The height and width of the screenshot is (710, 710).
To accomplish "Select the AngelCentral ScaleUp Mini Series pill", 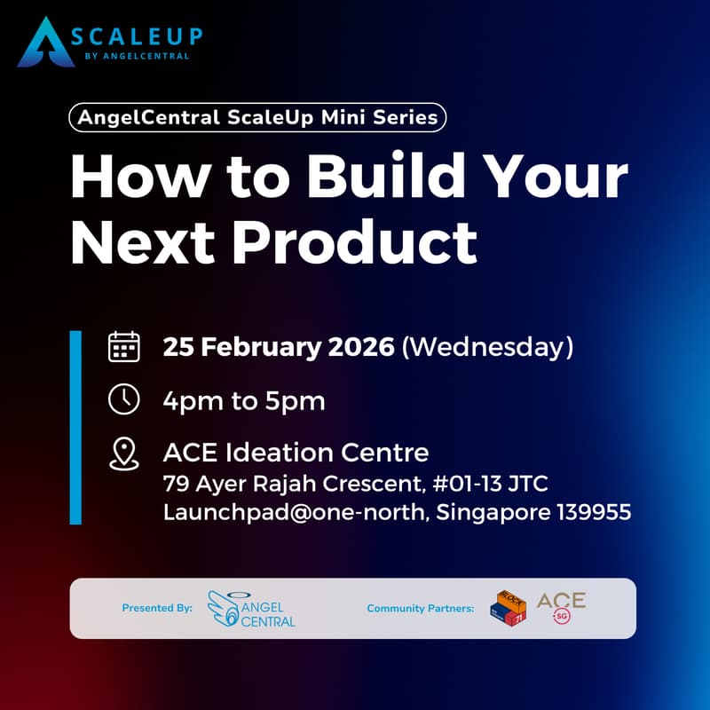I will click(x=256, y=117).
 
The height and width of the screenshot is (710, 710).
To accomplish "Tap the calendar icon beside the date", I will click(x=123, y=346).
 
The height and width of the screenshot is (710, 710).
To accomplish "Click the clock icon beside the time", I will click(x=123, y=399).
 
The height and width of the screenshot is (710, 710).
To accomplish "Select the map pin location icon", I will click(x=123, y=454).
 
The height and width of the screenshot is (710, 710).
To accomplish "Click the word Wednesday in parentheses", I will click(x=487, y=347).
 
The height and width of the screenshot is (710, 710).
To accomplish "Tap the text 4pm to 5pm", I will click(x=244, y=400).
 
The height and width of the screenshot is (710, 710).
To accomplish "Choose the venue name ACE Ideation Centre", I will click(x=296, y=453).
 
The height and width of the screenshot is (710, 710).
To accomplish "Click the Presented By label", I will click(x=157, y=609).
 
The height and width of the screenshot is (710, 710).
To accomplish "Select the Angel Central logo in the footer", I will click(x=251, y=609).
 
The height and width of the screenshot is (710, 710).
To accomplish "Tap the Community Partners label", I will click(x=420, y=609).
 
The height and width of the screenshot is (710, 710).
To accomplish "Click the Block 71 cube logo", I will click(x=508, y=608).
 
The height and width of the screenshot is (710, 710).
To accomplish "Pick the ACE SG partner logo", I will click(x=561, y=607).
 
